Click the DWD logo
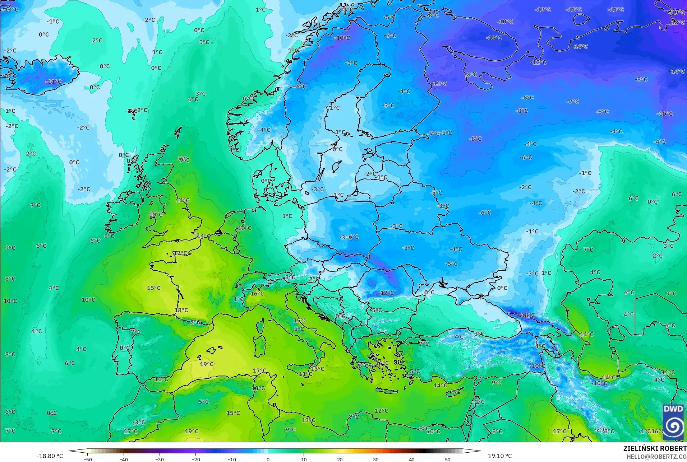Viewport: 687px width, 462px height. (x=673, y=422)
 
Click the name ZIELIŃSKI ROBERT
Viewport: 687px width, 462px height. (x=655, y=448)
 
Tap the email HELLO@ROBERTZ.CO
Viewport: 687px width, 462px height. (x=656, y=457)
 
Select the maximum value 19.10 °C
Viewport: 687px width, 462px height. (x=499, y=456)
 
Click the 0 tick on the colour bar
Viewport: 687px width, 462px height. (x=268, y=459)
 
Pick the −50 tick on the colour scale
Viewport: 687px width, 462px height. (x=88, y=459)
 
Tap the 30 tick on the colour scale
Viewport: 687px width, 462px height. (x=376, y=459)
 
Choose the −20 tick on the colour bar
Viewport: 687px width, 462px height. (x=195, y=459)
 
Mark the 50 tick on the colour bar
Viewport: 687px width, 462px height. (x=448, y=459)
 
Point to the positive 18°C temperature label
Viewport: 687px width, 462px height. (x=181, y=310)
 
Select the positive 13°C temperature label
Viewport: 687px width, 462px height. (x=308, y=420)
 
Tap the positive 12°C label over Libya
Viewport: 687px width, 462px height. (x=381, y=411)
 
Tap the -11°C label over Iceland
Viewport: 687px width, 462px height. (x=53, y=82)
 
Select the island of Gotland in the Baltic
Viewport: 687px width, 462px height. (x=337, y=167)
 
